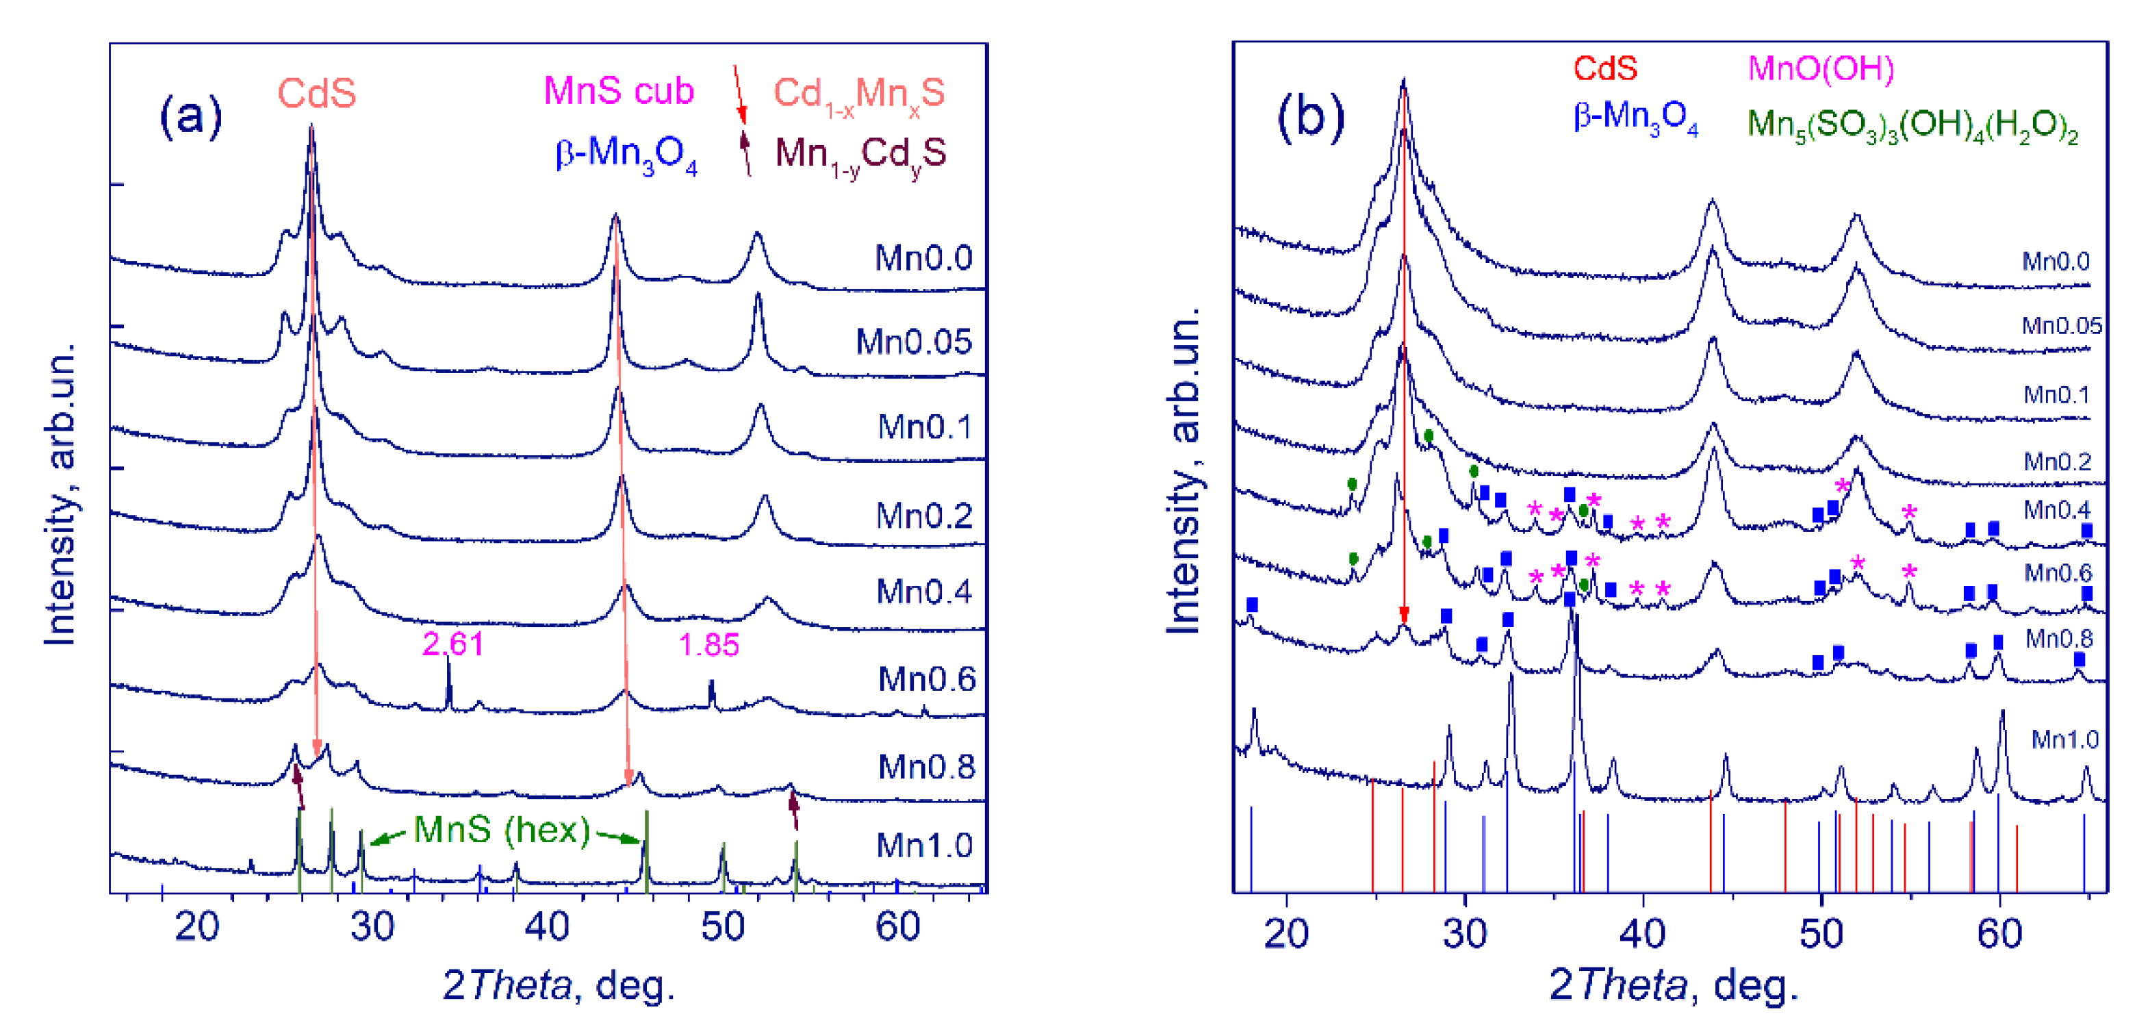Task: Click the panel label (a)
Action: tap(190, 116)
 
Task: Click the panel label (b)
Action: tap(1310, 117)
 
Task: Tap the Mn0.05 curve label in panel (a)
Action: tap(913, 342)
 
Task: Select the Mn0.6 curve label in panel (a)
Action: tap(927, 679)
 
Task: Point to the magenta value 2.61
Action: tap(452, 644)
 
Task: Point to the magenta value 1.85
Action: tap(708, 644)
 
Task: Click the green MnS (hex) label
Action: tap(502, 830)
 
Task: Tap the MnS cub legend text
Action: tap(618, 90)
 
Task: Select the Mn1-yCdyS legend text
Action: tap(860, 154)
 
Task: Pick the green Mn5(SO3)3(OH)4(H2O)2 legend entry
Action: tap(1912, 125)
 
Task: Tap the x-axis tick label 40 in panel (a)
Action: tap(547, 926)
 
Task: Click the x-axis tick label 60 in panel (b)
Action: tap(1999, 934)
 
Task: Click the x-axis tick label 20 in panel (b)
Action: tap(1286, 934)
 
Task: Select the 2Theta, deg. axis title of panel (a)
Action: tap(559, 985)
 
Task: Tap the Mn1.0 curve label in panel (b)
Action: tap(2064, 739)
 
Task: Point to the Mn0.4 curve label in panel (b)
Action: tap(2058, 509)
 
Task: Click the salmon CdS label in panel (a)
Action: tap(316, 93)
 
